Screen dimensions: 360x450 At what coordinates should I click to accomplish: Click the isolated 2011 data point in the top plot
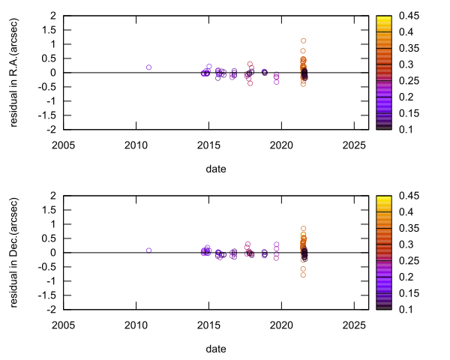148,67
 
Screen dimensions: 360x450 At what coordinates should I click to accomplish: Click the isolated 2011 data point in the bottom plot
148,250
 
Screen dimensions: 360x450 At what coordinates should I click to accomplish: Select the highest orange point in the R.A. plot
304,40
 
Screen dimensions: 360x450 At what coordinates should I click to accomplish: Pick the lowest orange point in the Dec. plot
304,275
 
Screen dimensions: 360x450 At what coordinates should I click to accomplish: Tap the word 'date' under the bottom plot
216,348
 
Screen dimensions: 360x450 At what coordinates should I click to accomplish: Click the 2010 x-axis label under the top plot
136,144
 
